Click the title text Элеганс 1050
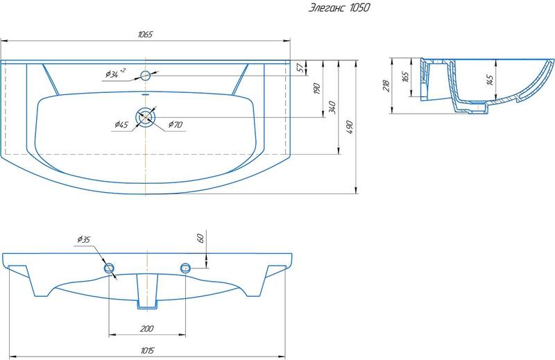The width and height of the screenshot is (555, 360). (339, 8)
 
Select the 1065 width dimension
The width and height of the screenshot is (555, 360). (145, 35)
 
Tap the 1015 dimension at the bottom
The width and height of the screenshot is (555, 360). (147, 350)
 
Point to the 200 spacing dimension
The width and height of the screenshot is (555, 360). (146, 329)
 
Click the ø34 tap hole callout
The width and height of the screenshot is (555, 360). (115, 74)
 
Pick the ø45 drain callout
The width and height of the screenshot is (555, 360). (121, 124)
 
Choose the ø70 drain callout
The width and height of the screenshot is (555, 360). (176, 124)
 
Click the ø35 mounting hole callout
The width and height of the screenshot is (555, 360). (84, 239)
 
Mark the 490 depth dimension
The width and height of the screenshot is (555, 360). (350, 127)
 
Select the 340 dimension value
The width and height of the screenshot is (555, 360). (332, 108)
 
